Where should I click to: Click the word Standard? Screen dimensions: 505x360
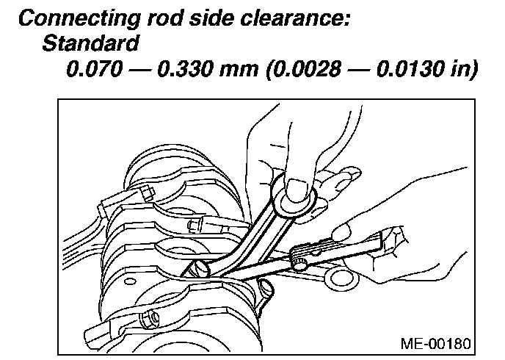[x=90, y=44]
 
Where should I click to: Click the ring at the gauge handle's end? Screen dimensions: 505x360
[x=340, y=275]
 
